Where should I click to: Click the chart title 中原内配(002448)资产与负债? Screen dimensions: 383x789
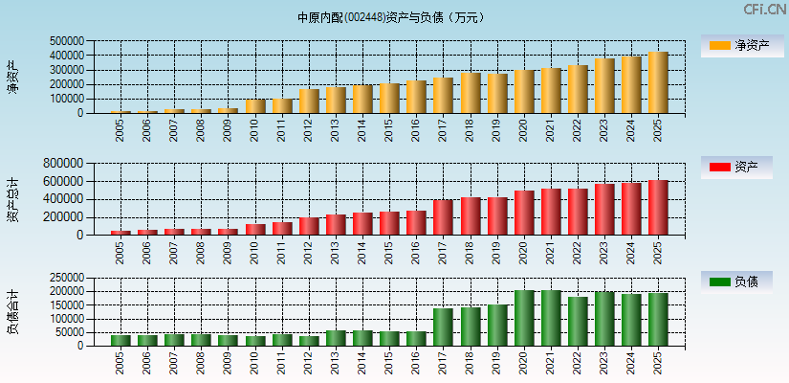click(x=391, y=17)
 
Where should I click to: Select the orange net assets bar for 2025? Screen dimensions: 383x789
click(x=657, y=82)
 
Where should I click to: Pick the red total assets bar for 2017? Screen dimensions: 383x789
click(x=443, y=217)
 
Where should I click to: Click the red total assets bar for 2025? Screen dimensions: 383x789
click(x=657, y=207)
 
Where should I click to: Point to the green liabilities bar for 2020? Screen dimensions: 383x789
click(x=523, y=318)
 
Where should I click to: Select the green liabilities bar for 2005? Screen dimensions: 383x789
click(x=121, y=340)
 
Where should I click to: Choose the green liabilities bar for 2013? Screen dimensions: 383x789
click(x=336, y=338)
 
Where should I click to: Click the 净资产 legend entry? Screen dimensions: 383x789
click(x=736, y=45)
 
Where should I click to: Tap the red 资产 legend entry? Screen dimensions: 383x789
click(x=736, y=168)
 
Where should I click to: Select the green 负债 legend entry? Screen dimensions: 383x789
click(x=736, y=282)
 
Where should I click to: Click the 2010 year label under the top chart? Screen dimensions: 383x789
click(x=254, y=129)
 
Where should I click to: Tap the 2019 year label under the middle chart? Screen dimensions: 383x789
click(x=496, y=252)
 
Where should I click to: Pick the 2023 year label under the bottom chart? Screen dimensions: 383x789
click(x=603, y=363)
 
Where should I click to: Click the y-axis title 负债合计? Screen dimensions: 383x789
click(x=12, y=311)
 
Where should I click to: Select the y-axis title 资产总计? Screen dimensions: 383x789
click(x=12, y=199)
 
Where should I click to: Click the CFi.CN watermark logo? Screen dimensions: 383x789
click(x=763, y=10)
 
